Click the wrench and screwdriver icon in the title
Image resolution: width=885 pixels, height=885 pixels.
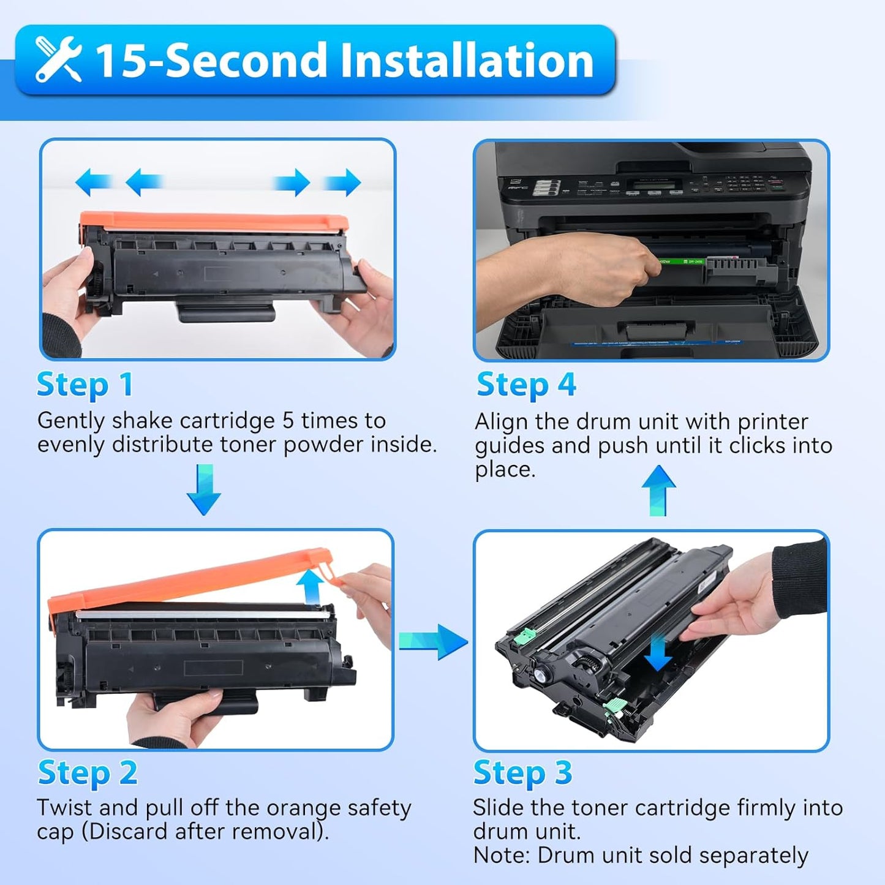[x=58, y=59]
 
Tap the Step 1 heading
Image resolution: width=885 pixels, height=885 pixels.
[x=85, y=385]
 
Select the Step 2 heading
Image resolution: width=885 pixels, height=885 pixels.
[x=87, y=773]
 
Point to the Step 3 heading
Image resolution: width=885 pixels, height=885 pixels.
[x=522, y=773]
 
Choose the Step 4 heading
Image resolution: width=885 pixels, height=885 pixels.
[x=526, y=385]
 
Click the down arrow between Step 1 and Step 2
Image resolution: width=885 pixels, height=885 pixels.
[x=204, y=489]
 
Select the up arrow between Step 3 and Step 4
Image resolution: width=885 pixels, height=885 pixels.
[x=658, y=490]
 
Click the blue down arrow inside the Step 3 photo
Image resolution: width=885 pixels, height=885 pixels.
[x=658, y=653]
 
